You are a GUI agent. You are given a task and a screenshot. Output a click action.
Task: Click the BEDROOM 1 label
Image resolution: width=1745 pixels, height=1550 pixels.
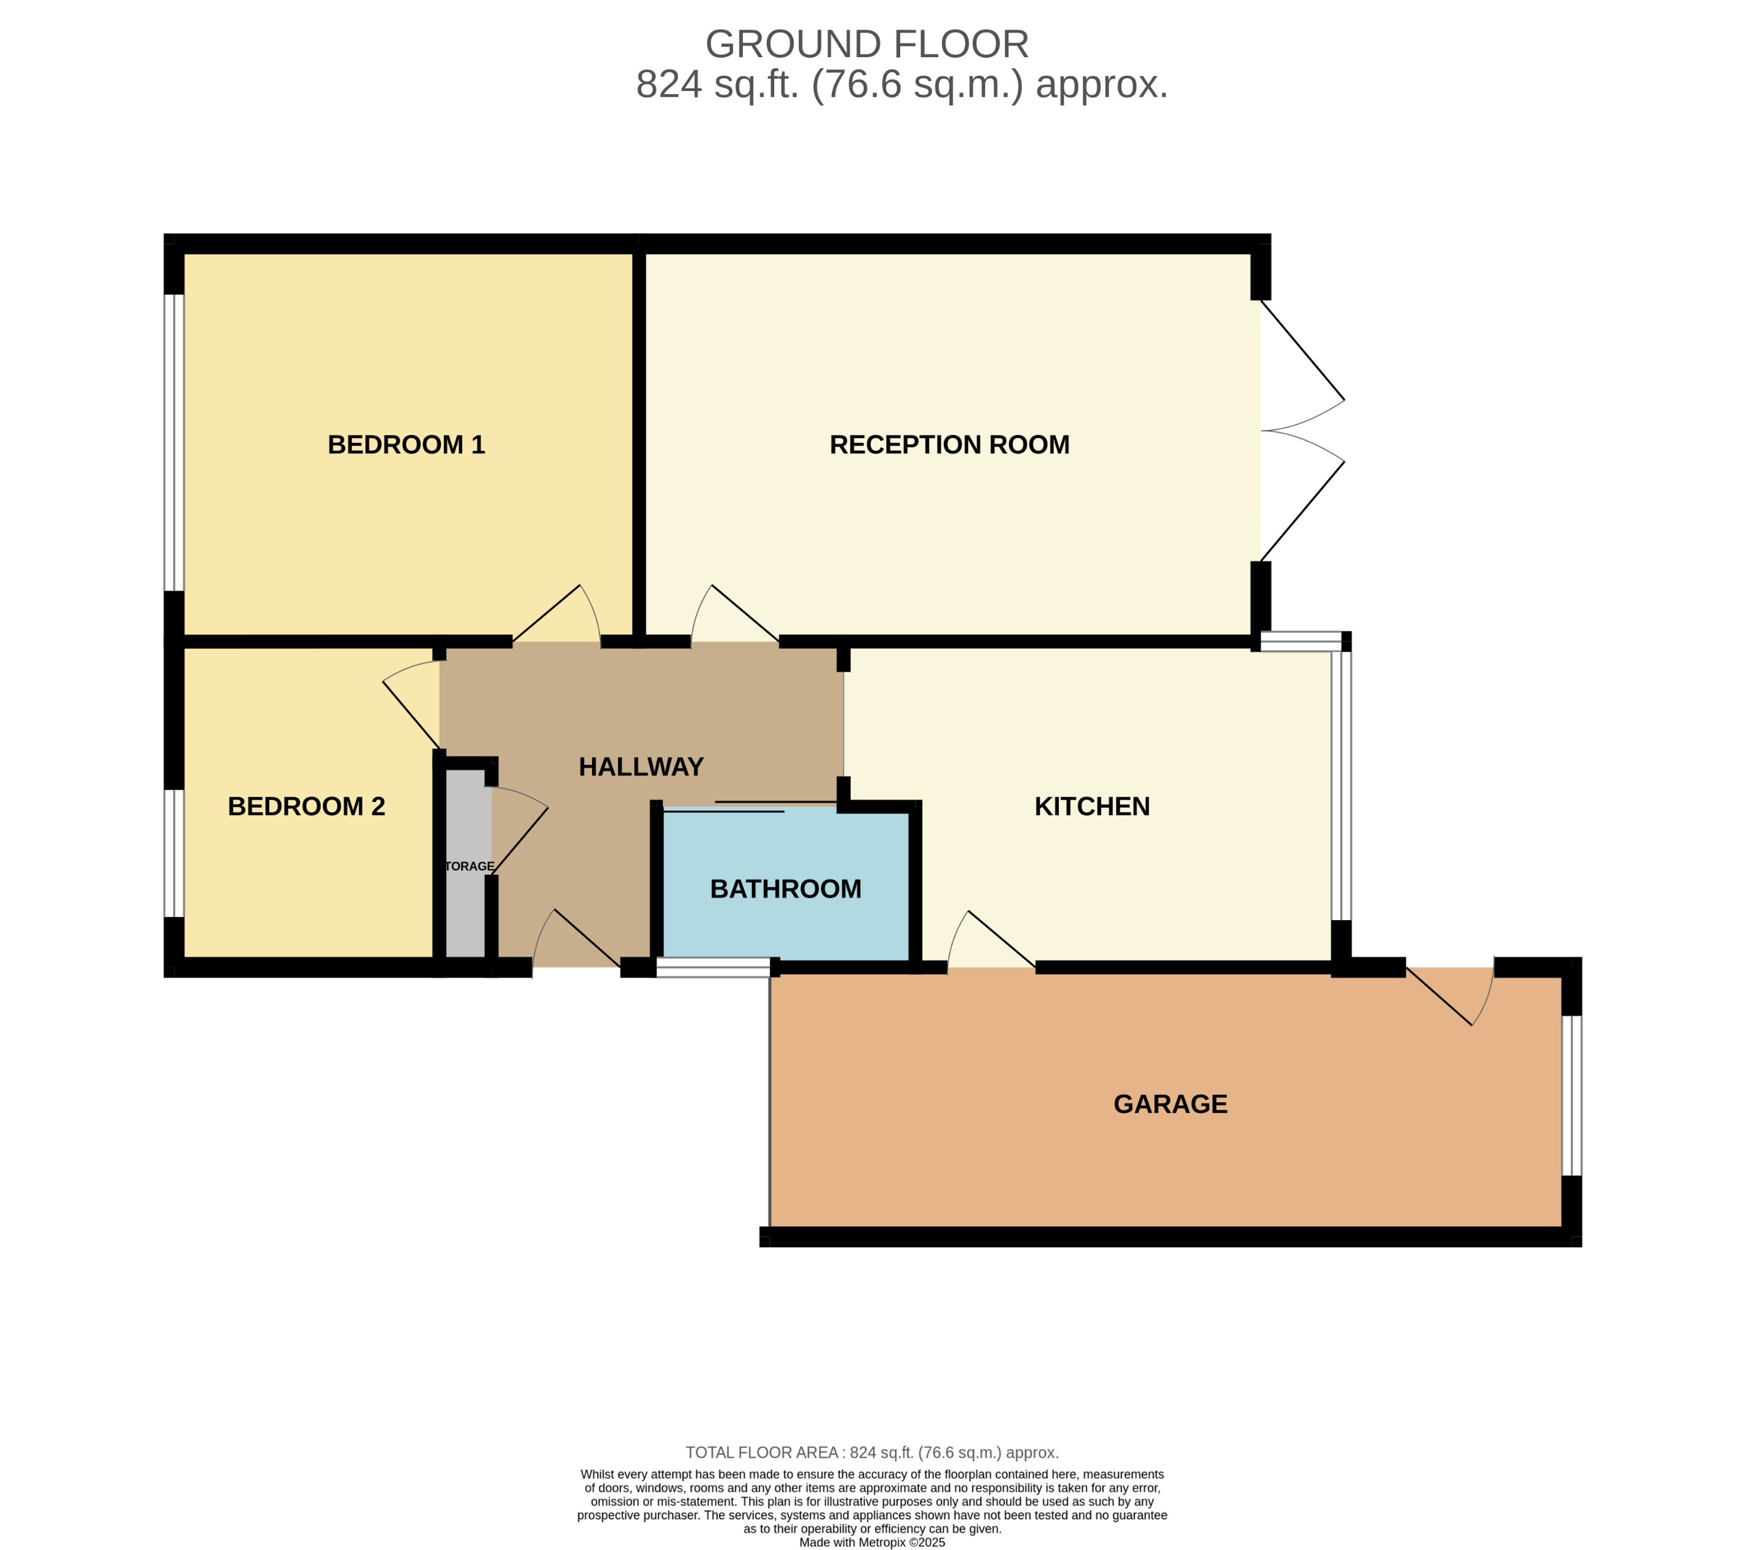406,445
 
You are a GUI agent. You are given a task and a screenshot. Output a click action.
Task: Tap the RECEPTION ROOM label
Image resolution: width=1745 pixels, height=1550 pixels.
949,445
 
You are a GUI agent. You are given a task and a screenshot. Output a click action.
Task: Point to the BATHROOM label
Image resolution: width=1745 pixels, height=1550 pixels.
785,889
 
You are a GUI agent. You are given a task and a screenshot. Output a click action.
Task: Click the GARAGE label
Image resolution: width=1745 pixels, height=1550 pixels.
1169,1104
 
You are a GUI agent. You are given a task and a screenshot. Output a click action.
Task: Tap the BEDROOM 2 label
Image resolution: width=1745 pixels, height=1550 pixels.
306,806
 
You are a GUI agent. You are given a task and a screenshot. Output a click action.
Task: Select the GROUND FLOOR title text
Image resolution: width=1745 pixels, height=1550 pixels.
866,44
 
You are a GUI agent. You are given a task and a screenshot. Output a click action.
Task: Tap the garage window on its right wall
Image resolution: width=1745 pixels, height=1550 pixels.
1571,1095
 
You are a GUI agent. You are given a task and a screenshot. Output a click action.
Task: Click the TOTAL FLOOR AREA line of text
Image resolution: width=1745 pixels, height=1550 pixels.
872,1453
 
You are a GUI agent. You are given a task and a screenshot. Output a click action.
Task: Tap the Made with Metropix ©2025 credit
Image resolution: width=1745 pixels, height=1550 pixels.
872,1543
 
